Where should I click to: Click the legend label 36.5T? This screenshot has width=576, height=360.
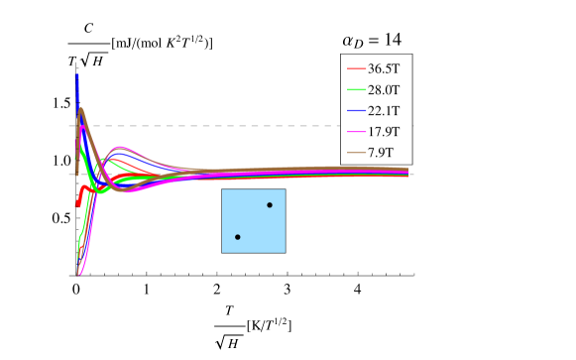pyautogui.click(x=383, y=68)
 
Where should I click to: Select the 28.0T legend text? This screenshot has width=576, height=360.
pyautogui.click(x=383, y=89)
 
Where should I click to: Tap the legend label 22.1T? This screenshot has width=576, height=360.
pyautogui.click(x=383, y=110)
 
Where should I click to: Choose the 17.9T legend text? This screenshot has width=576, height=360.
pyautogui.click(x=383, y=131)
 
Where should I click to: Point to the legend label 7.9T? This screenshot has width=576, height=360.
pyautogui.click(x=380, y=152)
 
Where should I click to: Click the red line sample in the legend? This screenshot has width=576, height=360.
pyautogui.click(x=356, y=68)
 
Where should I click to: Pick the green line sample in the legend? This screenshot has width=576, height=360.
pyautogui.click(x=356, y=89)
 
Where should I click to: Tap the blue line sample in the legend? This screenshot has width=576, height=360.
pyautogui.click(x=356, y=110)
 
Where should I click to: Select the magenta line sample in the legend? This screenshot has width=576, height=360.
pyautogui.click(x=356, y=131)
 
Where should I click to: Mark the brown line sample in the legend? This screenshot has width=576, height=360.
pyautogui.click(x=356, y=152)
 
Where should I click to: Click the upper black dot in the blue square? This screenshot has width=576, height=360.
pyautogui.click(x=270, y=205)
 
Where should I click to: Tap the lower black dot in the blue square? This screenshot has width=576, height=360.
pyautogui.click(x=238, y=237)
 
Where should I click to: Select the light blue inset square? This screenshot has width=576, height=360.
pyautogui.click(x=253, y=221)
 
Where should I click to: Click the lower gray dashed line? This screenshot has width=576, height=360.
pyautogui.click(x=248, y=175)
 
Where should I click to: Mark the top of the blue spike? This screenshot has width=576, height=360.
pyautogui.click(x=76, y=74)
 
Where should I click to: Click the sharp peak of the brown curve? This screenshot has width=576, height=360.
pyautogui.click(x=80, y=108)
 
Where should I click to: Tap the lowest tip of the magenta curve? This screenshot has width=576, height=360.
pyautogui.click(x=79, y=273)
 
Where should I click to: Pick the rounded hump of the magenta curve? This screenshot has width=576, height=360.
pyautogui.click(x=120, y=148)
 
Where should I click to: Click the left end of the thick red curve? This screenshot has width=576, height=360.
pyautogui.click(x=77, y=204)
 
